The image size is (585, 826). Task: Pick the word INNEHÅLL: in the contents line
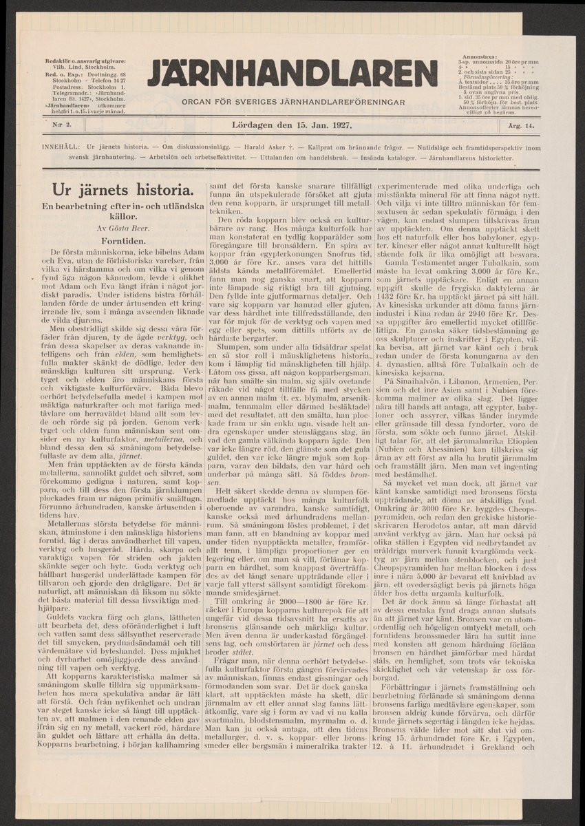(61, 148)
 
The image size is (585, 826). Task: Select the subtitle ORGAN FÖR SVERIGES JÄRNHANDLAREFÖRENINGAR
(292, 102)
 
